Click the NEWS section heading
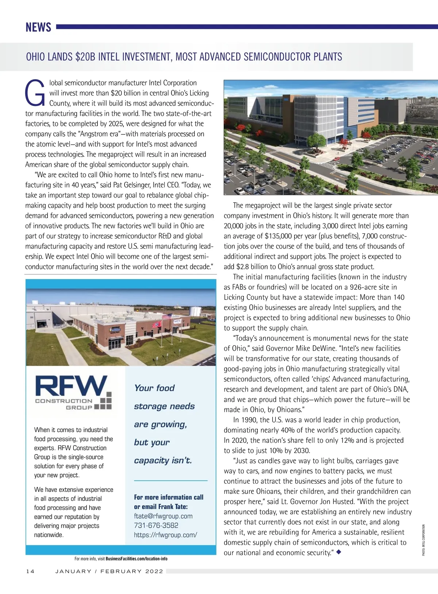pos(38,27)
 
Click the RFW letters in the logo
pos(71,386)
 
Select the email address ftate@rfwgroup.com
pos(163,516)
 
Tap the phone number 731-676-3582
pos(156,525)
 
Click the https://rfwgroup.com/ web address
pos(165,535)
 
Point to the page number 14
pos(30,571)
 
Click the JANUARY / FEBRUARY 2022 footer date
pos(109,571)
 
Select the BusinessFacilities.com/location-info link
pos(137,559)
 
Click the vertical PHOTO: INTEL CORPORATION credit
pos(424,540)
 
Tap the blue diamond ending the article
pos(339,552)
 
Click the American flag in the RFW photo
pos(167,316)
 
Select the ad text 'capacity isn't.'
pos(163,460)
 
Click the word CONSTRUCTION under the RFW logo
pos(64,401)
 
